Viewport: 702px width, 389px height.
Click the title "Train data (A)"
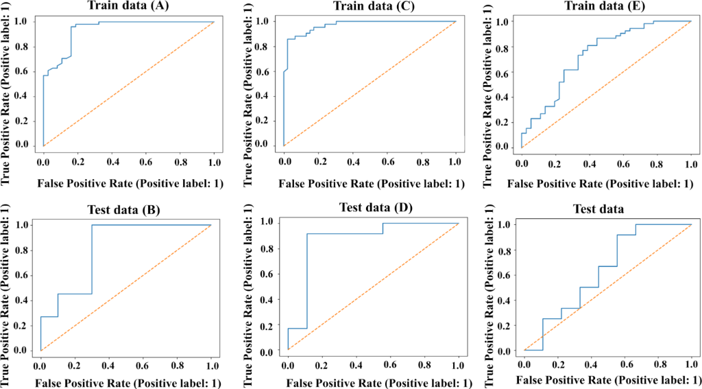point(130,6)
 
